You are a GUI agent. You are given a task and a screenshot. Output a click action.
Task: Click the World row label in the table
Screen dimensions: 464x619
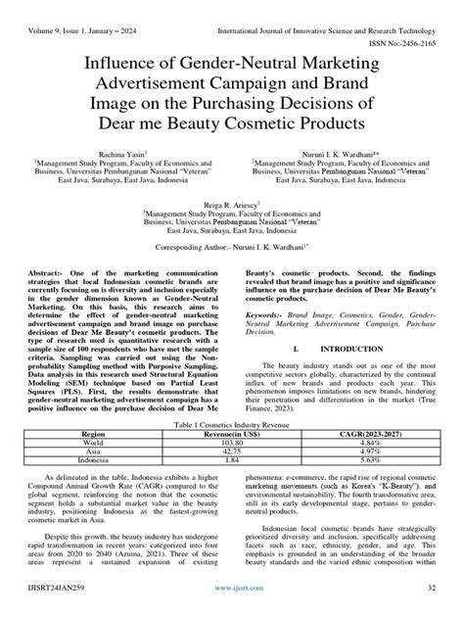pos(94,442)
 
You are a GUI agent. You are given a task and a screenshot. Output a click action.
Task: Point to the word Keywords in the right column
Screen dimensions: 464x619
pos(263,315)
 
